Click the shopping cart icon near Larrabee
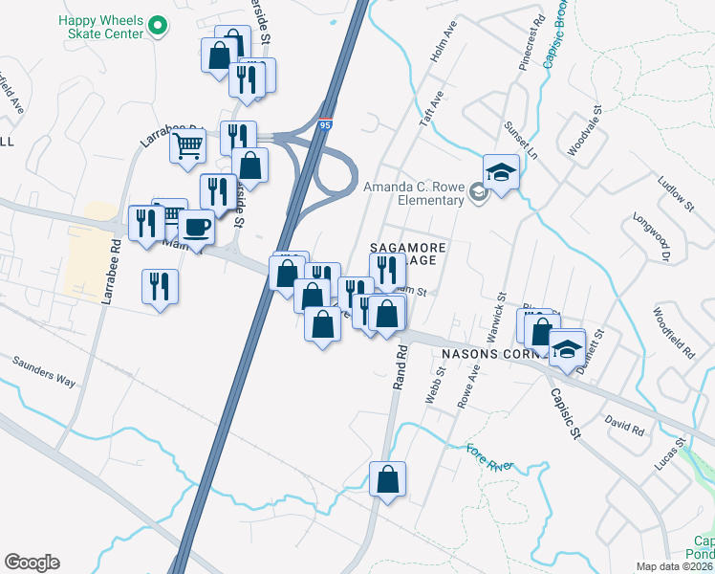tap(189, 145)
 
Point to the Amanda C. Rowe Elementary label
tap(412, 194)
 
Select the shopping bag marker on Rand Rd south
tap(387, 479)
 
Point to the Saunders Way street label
tap(44, 372)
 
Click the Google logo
tap(32, 563)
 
